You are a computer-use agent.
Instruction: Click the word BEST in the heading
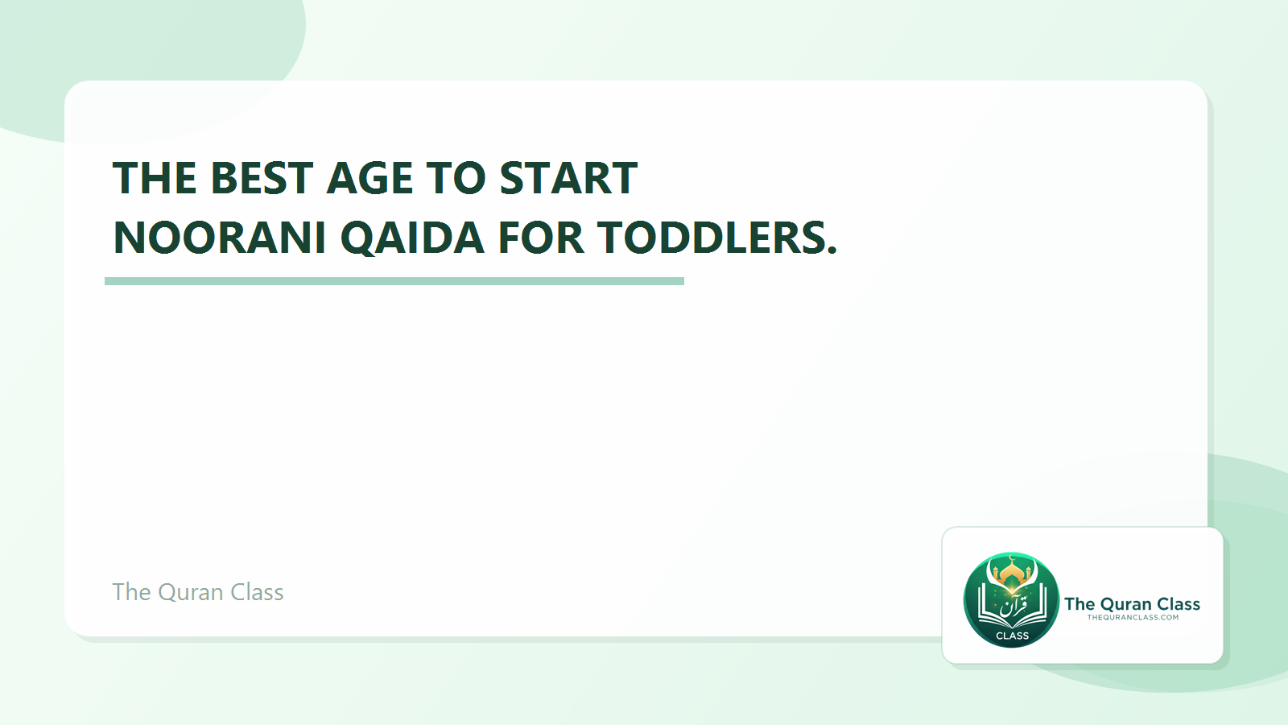(x=261, y=178)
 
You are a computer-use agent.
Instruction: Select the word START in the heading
(x=568, y=178)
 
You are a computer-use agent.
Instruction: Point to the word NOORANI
(x=219, y=238)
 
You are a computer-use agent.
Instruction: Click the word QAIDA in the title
(x=412, y=238)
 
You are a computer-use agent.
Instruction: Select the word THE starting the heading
(x=155, y=178)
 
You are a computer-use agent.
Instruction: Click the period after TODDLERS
(x=832, y=251)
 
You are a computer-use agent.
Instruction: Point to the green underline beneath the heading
(x=394, y=281)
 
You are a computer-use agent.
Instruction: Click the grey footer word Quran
(x=191, y=592)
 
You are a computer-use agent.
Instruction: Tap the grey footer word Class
(x=257, y=592)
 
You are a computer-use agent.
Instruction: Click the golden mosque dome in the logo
(x=1012, y=573)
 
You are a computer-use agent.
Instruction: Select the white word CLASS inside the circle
(x=1012, y=636)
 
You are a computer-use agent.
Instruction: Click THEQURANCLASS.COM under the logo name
(x=1133, y=618)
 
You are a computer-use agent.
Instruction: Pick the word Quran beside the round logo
(x=1125, y=604)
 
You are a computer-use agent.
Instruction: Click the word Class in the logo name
(x=1179, y=604)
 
